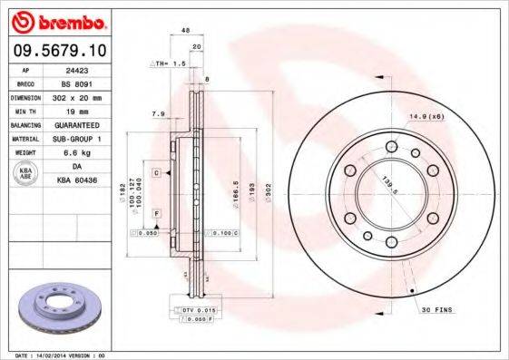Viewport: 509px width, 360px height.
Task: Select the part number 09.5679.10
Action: coord(56,51)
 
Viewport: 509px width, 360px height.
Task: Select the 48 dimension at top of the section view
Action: coord(185,31)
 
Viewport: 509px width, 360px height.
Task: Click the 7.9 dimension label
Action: coord(156,114)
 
